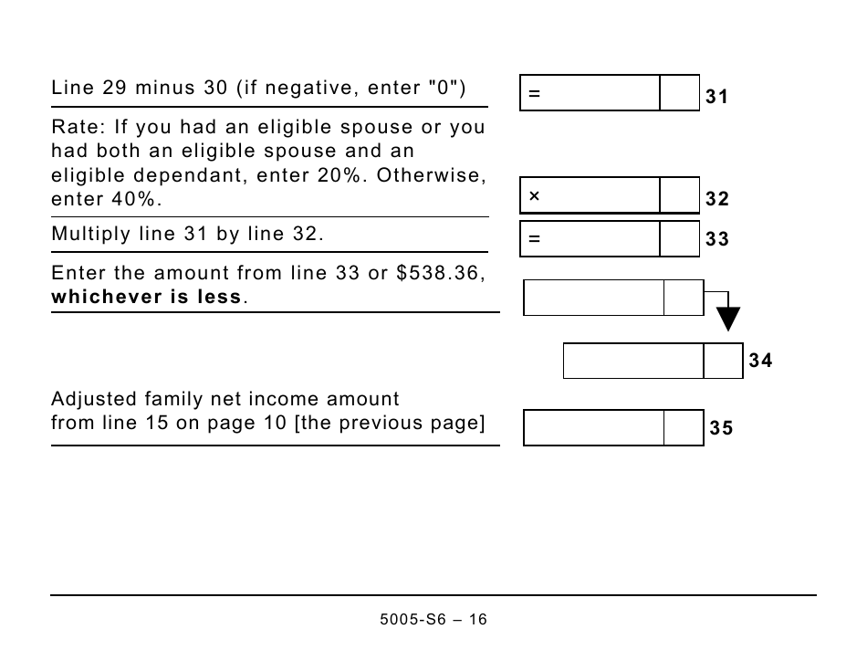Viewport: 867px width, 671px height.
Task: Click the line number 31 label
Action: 716,97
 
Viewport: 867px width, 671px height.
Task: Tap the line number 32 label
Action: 716,199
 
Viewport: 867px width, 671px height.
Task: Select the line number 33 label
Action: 716,239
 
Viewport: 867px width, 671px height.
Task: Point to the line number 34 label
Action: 760,361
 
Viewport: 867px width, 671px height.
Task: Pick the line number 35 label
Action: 720,428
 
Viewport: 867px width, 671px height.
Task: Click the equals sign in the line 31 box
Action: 535,94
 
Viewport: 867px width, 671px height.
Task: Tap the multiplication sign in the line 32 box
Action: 535,196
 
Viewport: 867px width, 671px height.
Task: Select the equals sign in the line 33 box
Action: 535,239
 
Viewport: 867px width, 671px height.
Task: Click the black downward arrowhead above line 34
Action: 727,319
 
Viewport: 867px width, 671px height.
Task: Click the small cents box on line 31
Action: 679,93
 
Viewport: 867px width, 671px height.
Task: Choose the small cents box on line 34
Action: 723,361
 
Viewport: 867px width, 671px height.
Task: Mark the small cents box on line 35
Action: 684,428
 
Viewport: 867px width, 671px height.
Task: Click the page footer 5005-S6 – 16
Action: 433,620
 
